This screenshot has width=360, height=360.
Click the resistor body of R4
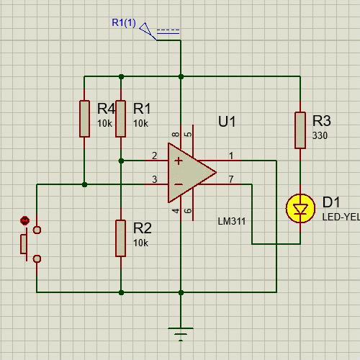tap(84, 119)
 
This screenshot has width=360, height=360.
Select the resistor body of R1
tap(121, 119)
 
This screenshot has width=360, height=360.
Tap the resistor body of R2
tap(121, 238)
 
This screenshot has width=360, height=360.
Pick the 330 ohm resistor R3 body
tap(300, 130)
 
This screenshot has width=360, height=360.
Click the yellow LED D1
tap(300, 208)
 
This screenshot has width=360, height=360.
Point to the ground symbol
tap(181, 334)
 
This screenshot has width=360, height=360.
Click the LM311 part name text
tap(232, 221)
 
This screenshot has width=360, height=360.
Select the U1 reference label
tap(227, 122)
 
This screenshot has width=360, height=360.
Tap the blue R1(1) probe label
tap(124, 23)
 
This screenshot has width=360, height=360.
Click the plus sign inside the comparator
tap(179, 161)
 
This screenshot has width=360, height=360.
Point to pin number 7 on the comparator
tap(231, 179)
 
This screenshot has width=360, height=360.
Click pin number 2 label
tap(155, 156)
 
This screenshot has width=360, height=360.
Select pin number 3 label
tap(155, 179)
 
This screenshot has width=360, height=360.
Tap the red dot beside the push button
tap(24, 220)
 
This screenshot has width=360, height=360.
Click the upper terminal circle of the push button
tap(37, 230)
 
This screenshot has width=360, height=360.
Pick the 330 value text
tap(320, 135)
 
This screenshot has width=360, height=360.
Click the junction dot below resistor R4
tap(84, 184)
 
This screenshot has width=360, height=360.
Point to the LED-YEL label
tap(341, 217)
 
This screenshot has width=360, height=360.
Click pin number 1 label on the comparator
tap(231, 156)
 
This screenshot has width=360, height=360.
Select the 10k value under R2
tap(140, 243)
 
